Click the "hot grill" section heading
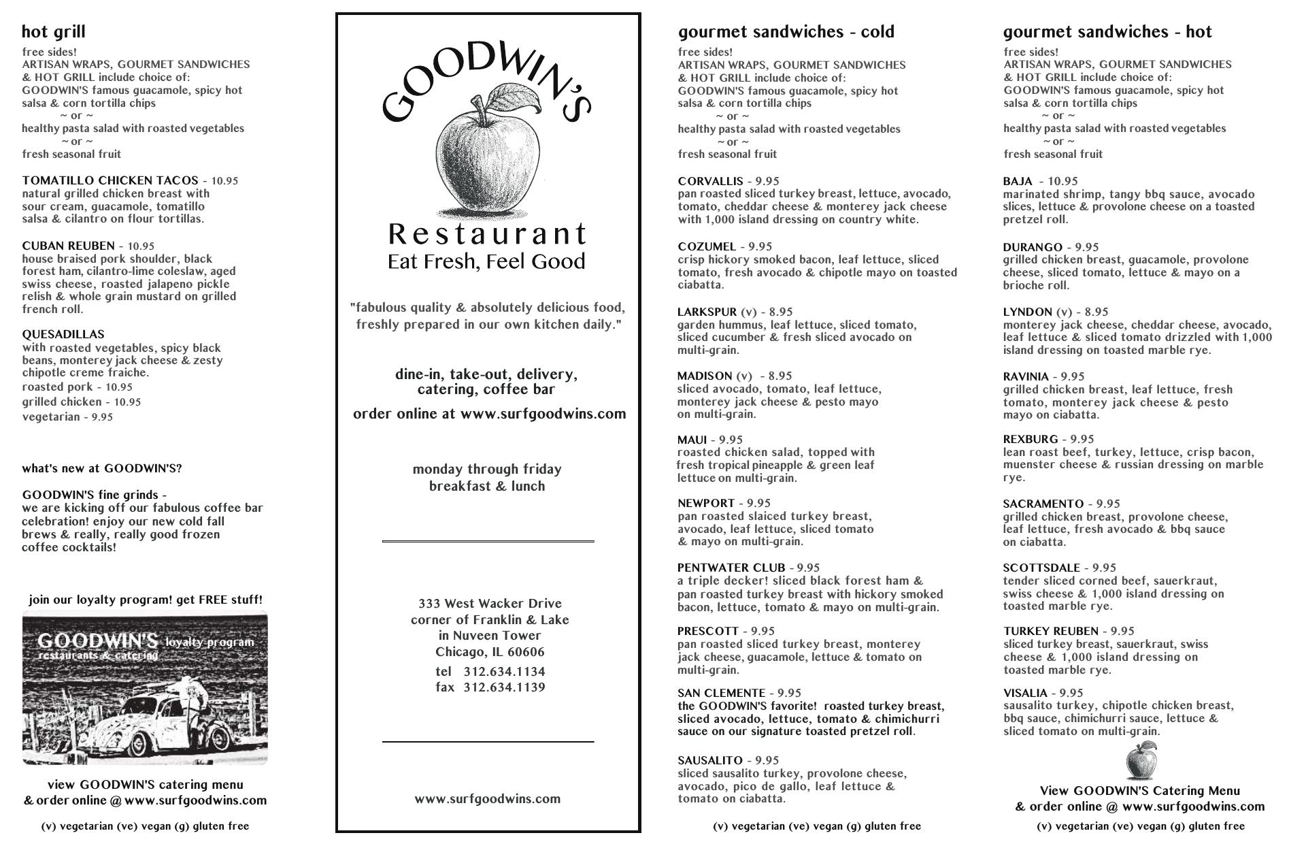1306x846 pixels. click(54, 32)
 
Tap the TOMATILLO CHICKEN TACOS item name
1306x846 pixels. click(110, 180)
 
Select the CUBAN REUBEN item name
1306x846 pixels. click(68, 246)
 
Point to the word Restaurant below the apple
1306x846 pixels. click(486, 234)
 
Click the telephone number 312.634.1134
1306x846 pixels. click(504, 672)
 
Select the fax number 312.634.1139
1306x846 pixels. click(504, 687)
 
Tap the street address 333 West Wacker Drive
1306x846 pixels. click(490, 604)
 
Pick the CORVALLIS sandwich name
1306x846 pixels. click(710, 181)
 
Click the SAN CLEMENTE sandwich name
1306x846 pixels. click(721, 693)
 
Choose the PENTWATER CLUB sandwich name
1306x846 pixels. click(731, 568)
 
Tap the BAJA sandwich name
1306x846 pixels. click(1018, 181)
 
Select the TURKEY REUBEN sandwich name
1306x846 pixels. click(1050, 631)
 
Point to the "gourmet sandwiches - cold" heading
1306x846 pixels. click(786, 32)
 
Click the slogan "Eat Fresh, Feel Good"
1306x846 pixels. click(486, 262)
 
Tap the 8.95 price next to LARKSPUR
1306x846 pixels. click(780, 312)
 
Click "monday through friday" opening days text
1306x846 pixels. click(487, 470)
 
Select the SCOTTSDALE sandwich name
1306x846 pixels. click(1041, 568)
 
